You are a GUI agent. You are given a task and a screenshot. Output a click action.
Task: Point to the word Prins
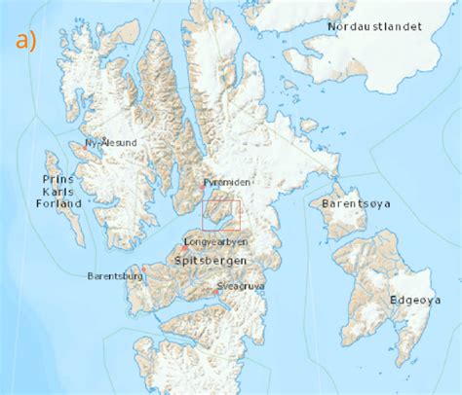59,180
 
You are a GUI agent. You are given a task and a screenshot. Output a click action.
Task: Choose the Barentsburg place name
115,276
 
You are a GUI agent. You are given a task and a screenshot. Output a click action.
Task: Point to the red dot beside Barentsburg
143,269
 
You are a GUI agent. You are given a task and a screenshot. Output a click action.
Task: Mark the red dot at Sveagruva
215,291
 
